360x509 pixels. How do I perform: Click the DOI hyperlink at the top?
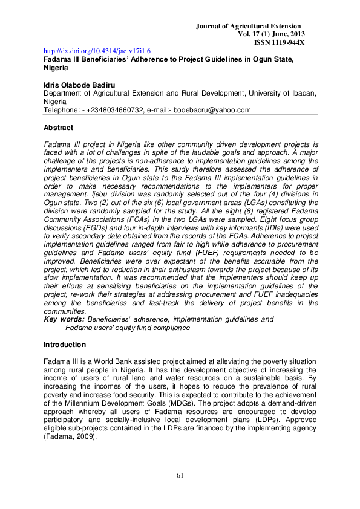[x=97, y=52]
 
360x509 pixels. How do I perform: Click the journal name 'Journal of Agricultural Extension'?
[x=257, y=26]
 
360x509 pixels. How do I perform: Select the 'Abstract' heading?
[x=59, y=128]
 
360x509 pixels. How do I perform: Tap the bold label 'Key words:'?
[x=65, y=319]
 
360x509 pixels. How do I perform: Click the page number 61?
[x=180, y=475]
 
